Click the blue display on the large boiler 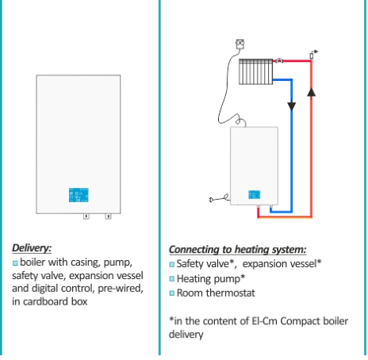(x=79, y=195)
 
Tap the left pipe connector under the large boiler (x=86, y=216)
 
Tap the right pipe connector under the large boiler (x=108, y=216)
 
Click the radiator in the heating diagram (x=256, y=71)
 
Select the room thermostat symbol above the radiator (x=240, y=44)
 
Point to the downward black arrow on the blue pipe (x=292, y=106)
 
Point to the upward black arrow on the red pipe (x=312, y=92)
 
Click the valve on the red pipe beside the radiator (x=279, y=60)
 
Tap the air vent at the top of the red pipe (x=313, y=55)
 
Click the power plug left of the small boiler (x=219, y=198)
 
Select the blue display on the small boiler (x=255, y=195)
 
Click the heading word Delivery (x=32, y=248)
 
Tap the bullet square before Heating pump (x=172, y=279)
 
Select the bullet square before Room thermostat (x=172, y=293)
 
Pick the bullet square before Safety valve (x=172, y=264)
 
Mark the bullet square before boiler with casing (x=15, y=263)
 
